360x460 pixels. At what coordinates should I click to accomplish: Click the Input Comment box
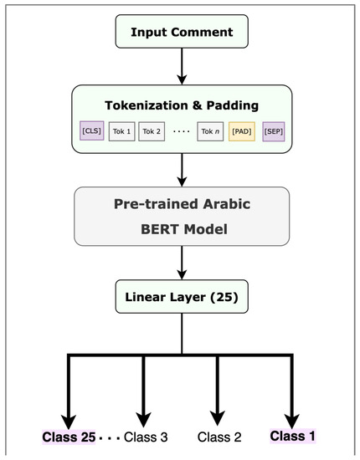click(x=182, y=33)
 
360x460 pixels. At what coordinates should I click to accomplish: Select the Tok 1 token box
click(x=122, y=131)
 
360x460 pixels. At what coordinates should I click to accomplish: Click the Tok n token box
click(x=209, y=131)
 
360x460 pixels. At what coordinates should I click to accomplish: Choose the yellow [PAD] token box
click(x=242, y=131)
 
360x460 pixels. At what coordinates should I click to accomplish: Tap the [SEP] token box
click(x=273, y=131)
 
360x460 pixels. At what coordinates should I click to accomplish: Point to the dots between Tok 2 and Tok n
click(x=181, y=132)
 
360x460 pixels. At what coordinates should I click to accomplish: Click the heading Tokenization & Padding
click(x=182, y=105)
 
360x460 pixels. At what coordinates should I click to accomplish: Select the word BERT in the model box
click(x=144, y=227)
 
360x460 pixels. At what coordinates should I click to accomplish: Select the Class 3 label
click(x=147, y=437)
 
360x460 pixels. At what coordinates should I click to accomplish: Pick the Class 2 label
click(x=220, y=437)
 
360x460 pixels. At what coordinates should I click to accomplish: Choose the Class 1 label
click(x=293, y=437)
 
